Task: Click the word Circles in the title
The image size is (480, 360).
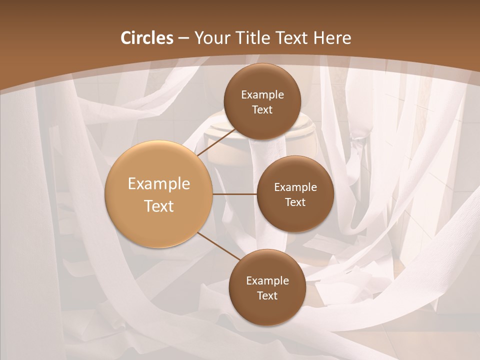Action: click(x=146, y=38)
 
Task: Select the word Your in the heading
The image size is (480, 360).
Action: click(x=211, y=38)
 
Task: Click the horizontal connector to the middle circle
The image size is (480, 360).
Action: click(x=234, y=194)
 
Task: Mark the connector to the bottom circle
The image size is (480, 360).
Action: click(x=218, y=246)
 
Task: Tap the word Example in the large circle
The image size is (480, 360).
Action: click(x=159, y=184)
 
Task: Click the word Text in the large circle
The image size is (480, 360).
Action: click(x=159, y=206)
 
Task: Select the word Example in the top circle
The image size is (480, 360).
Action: click(x=262, y=95)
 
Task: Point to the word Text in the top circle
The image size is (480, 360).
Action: click(x=262, y=110)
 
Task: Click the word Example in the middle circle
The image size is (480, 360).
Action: click(x=295, y=187)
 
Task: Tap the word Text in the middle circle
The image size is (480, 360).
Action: click(x=295, y=202)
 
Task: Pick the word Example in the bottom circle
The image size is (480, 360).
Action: click(x=267, y=281)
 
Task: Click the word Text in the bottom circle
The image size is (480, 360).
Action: click(x=267, y=296)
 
